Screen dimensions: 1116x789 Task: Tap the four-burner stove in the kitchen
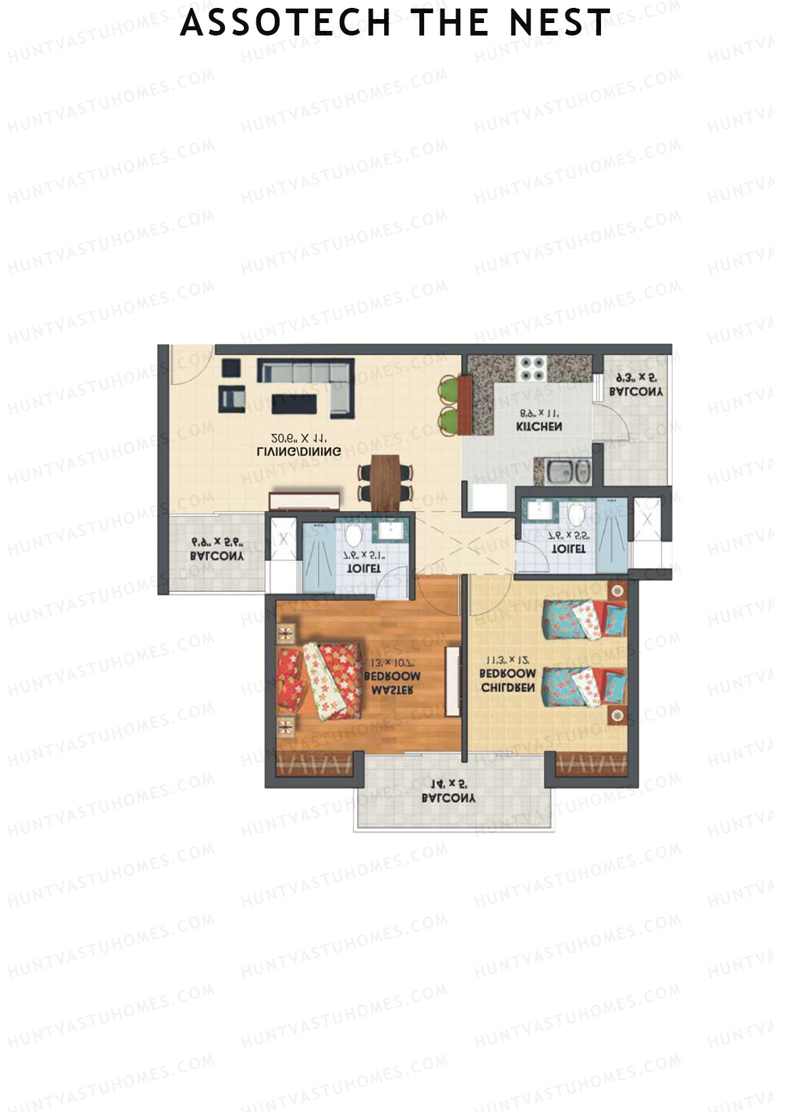point(531,368)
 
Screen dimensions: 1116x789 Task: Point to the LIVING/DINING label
point(299,452)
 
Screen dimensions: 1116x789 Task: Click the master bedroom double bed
point(321,681)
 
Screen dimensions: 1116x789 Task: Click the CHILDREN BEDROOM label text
point(508,681)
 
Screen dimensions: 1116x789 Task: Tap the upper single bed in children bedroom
point(583,618)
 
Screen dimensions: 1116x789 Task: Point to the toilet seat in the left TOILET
point(354,536)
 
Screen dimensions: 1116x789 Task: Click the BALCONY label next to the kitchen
point(636,392)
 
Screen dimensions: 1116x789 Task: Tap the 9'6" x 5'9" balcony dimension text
point(218,543)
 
